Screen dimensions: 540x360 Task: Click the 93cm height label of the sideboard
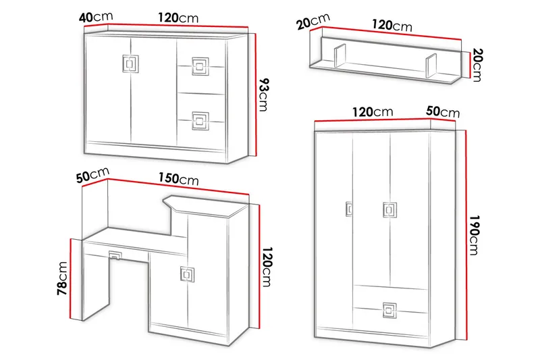click(264, 95)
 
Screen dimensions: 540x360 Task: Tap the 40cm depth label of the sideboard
click(96, 16)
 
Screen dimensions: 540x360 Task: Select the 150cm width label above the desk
click(178, 179)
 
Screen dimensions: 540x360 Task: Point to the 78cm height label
click(63, 278)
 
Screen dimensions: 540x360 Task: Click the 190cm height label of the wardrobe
click(475, 235)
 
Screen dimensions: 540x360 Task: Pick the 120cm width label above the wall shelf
click(392, 25)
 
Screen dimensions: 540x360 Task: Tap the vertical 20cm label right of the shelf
click(477, 65)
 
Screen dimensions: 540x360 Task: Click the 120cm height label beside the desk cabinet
click(267, 267)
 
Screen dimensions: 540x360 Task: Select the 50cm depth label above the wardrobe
click(443, 111)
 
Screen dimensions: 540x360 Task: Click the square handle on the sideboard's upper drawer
click(200, 66)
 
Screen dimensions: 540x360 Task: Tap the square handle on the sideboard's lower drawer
click(200, 121)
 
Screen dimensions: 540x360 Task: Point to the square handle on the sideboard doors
click(130, 64)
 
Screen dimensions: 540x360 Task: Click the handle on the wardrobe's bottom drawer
click(389, 310)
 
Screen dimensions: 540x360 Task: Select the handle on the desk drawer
click(115, 255)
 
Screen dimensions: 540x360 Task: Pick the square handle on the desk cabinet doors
click(188, 274)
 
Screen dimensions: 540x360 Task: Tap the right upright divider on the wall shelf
click(431, 66)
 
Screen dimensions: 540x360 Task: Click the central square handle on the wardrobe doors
click(390, 210)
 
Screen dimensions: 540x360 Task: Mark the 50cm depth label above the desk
click(92, 175)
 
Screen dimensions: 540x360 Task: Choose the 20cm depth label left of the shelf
click(313, 21)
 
